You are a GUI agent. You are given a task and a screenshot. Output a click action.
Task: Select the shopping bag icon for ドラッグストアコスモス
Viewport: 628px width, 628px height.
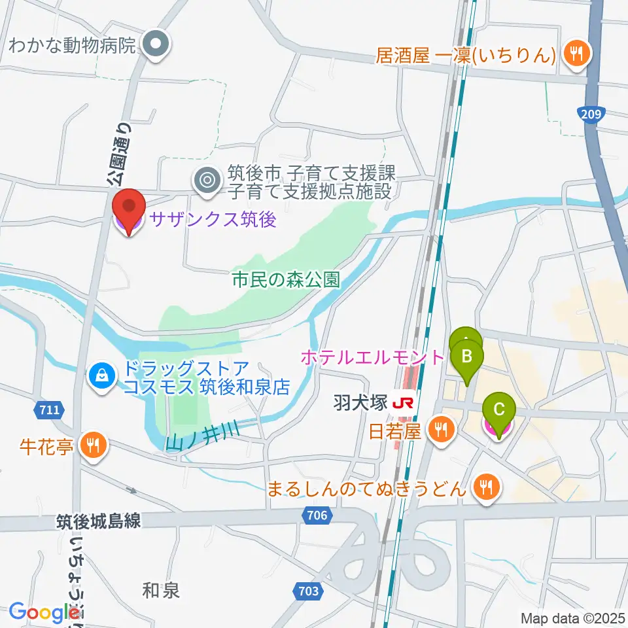click(x=103, y=376)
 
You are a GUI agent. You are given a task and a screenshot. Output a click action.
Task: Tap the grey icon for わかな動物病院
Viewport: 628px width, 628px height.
click(x=157, y=45)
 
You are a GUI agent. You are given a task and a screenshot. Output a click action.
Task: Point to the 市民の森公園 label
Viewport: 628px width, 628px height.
click(x=286, y=280)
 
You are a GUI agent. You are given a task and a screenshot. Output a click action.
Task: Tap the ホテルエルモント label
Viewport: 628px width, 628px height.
click(x=372, y=357)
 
